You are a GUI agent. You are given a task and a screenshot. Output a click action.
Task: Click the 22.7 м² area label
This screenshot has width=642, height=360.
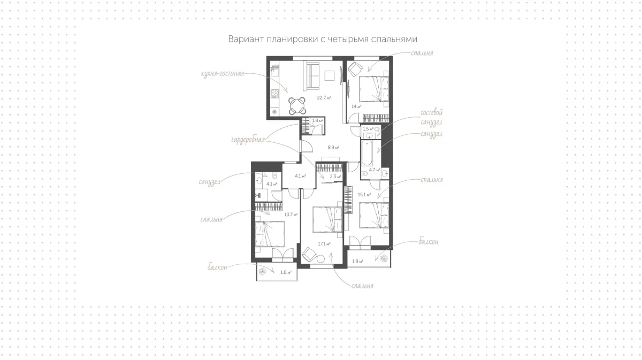click(x=324, y=98)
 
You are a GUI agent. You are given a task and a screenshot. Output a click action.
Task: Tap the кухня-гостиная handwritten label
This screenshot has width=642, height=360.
click(x=223, y=74)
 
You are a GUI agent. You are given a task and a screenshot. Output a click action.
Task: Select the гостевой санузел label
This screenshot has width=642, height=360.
click(x=432, y=118)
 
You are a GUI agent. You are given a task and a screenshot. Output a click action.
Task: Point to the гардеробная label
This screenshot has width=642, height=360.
click(x=248, y=140)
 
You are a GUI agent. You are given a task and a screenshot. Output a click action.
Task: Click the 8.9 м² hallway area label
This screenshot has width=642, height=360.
click(x=334, y=148)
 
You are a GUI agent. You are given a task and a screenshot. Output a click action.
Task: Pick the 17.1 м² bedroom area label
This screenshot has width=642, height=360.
click(x=324, y=244)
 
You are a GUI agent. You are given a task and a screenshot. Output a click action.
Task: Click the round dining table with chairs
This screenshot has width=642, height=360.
click(x=297, y=106)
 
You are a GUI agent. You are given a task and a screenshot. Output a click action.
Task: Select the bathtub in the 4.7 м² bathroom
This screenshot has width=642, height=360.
click(x=366, y=153)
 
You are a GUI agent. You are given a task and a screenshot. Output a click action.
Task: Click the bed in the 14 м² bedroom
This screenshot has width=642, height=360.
click(x=374, y=89)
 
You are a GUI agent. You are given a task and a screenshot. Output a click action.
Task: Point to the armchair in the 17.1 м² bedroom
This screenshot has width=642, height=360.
click(x=310, y=255)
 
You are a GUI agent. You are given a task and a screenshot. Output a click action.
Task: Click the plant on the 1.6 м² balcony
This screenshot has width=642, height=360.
click(x=262, y=271)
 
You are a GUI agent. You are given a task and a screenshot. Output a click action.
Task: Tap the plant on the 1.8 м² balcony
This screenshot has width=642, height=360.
click(x=384, y=258)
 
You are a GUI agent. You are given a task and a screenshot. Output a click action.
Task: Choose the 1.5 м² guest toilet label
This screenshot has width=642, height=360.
click(x=368, y=129)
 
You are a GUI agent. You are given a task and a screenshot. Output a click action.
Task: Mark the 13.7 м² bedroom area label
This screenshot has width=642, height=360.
click(x=291, y=215)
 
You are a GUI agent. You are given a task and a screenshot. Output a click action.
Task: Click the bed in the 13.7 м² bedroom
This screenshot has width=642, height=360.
click(x=270, y=234)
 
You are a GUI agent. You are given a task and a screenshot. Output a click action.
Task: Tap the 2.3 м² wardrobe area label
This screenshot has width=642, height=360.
click(x=335, y=177)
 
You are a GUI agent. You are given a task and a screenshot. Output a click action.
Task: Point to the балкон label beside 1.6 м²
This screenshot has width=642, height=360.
click(x=217, y=267)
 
